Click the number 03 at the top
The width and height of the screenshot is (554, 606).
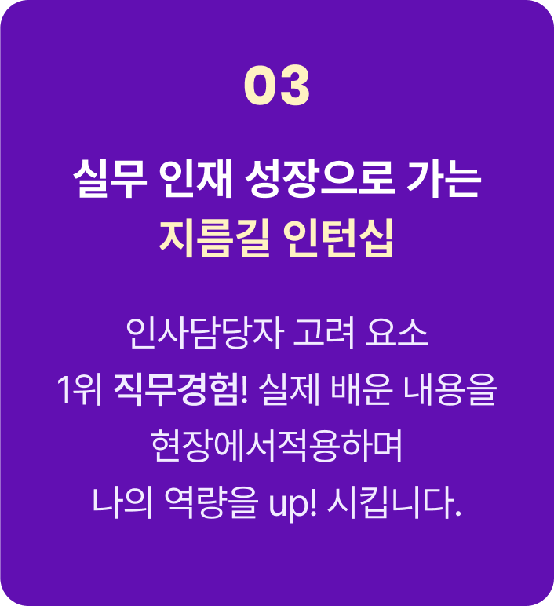[x=277, y=85]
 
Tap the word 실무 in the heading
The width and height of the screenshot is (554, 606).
[x=110, y=179]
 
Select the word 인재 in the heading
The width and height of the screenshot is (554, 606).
[x=196, y=179]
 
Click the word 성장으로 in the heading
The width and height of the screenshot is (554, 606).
[x=320, y=179]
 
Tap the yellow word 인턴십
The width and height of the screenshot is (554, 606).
[x=338, y=238]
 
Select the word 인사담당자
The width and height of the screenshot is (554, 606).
[x=205, y=334]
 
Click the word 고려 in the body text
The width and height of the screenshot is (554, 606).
[x=324, y=334]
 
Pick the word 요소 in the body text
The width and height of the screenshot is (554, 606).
[x=397, y=334]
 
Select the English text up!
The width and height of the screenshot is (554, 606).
[x=293, y=503]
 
